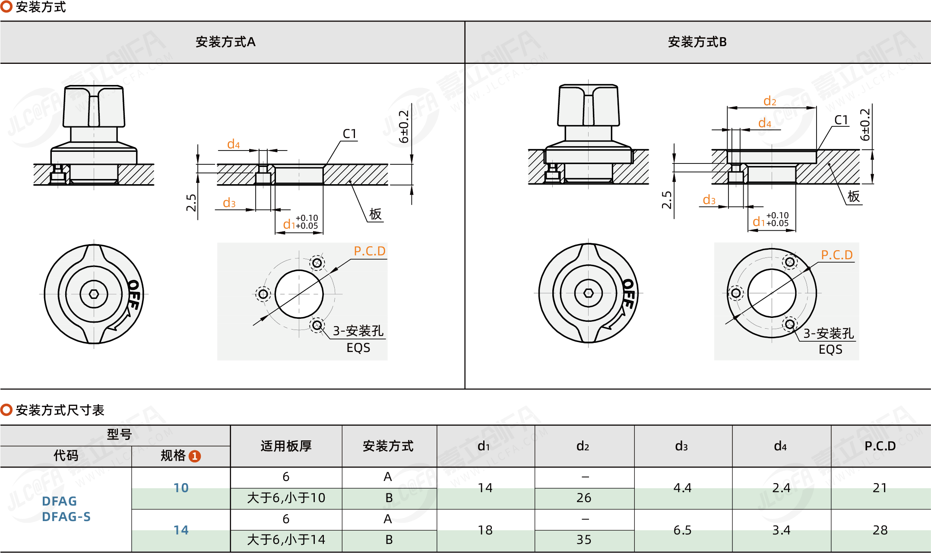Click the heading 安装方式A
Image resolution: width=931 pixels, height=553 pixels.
[x=225, y=42]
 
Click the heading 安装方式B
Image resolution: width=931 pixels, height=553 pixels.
[x=697, y=42]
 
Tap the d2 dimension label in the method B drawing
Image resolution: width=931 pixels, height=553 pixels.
[x=769, y=101]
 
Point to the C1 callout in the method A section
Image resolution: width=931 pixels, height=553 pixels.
[x=349, y=134]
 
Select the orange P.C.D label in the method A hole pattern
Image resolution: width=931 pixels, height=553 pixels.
[x=370, y=251]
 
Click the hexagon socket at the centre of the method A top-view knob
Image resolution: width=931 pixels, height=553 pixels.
[x=94, y=294]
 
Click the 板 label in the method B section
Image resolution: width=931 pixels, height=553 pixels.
[x=853, y=196]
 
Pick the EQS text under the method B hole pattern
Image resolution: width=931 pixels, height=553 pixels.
[x=830, y=349]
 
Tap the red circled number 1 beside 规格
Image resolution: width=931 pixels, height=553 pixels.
[x=195, y=456]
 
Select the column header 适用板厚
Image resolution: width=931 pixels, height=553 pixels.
[x=286, y=446]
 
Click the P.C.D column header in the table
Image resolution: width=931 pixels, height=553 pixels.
[x=880, y=446]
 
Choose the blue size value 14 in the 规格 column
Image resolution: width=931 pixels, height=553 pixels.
[x=181, y=530]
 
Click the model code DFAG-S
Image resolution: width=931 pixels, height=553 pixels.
[x=66, y=517]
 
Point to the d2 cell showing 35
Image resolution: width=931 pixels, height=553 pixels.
[x=584, y=540]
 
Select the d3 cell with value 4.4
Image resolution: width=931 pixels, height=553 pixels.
[x=682, y=488]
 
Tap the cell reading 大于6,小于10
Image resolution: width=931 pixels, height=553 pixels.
[x=286, y=498]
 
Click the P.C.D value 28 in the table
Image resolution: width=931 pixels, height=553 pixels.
[x=880, y=530]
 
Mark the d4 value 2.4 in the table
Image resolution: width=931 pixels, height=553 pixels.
[x=781, y=488]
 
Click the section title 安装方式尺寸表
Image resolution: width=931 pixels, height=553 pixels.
[x=60, y=410]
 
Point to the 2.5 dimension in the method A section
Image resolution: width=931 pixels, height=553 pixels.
[x=191, y=203]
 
